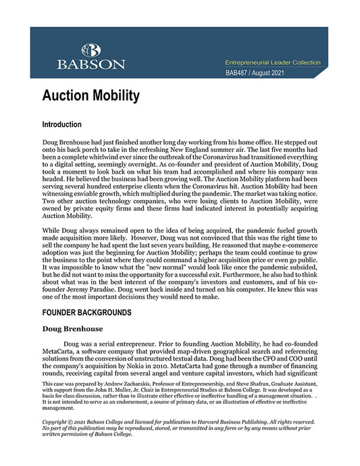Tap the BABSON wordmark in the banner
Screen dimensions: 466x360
pyautogui.click(x=91, y=64)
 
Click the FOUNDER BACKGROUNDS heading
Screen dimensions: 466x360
pyautogui.click(x=91, y=313)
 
